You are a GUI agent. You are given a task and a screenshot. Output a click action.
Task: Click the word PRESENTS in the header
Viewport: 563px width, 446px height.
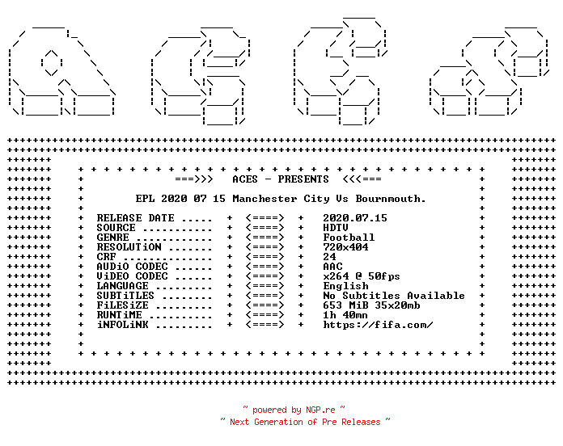pyautogui.click(x=303, y=179)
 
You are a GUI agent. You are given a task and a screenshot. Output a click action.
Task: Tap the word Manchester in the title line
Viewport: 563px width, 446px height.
pyautogui.click(x=265, y=199)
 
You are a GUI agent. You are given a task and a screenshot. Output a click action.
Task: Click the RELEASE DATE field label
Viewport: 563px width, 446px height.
pyautogui.click(x=135, y=218)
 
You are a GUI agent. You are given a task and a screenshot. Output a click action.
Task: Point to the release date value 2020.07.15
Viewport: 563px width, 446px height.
pyautogui.click(x=355, y=218)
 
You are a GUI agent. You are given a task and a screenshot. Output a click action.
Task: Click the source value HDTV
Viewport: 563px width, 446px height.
pyautogui.click(x=336, y=228)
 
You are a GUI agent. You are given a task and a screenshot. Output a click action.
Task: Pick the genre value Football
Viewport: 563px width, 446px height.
pyautogui.click(x=349, y=238)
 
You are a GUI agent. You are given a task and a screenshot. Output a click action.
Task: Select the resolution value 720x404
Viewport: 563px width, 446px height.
pyautogui.click(x=345, y=247)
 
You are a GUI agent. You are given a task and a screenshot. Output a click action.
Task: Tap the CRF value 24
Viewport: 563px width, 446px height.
pyautogui.click(x=329, y=257)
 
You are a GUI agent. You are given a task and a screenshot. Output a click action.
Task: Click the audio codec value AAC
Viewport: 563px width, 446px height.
pyautogui.click(x=332, y=267)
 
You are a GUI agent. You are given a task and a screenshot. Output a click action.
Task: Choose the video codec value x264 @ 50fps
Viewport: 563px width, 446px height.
pyautogui.click(x=362, y=276)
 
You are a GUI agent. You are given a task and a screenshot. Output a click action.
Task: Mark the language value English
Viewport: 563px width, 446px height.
pyautogui.click(x=345, y=286)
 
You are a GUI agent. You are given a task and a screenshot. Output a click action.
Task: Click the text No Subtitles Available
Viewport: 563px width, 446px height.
pyautogui.click(x=394, y=296)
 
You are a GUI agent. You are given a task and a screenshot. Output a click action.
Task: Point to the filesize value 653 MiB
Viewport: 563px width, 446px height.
pyautogui.click(x=345, y=305)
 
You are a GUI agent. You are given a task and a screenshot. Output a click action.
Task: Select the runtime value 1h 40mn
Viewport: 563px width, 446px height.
pyautogui.click(x=345, y=315)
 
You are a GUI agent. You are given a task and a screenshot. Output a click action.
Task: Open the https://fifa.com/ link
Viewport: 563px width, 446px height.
pyautogui.click(x=378, y=325)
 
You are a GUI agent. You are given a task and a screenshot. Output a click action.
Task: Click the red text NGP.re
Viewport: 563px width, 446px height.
pyautogui.click(x=320, y=410)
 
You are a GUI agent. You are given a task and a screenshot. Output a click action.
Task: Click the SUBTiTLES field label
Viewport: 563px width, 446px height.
pyautogui.click(x=125, y=296)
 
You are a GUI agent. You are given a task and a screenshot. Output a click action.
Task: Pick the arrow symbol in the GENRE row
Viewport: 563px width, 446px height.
pyautogui.click(x=265, y=238)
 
